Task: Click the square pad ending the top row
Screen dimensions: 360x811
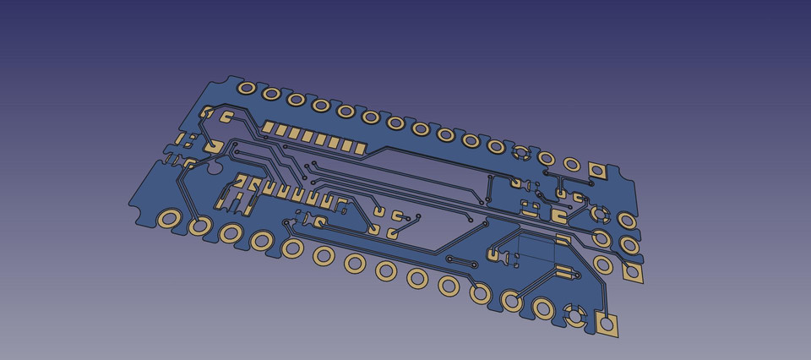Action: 598,171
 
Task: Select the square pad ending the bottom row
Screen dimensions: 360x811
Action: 606,323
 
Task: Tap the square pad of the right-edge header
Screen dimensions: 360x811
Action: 630,272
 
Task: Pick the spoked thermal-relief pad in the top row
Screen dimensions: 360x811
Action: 521,153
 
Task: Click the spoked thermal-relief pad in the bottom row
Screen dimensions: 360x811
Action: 576,316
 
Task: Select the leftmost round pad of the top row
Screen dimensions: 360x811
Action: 246,88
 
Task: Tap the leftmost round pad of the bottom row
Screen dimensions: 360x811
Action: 168,221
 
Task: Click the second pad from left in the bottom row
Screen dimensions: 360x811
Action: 199,226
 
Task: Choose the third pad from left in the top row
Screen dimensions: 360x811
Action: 296,100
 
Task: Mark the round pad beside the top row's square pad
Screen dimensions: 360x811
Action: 572,164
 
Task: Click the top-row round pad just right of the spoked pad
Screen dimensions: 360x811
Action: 546,158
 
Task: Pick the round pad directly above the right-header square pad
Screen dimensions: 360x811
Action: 629,245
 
